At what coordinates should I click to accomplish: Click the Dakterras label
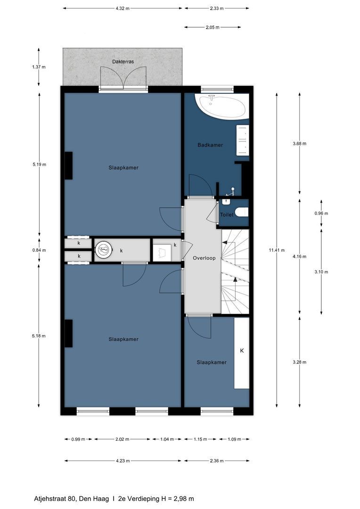(x=123, y=62)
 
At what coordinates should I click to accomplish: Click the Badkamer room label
(x=210, y=145)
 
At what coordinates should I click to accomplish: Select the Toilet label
(x=227, y=214)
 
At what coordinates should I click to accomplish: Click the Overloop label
(x=204, y=258)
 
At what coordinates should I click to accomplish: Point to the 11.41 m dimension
(x=277, y=250)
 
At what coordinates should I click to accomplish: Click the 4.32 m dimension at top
(x=122, y=8)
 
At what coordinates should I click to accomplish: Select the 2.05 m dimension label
(x=213, y=27)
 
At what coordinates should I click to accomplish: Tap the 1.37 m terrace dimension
(x=39, y=67)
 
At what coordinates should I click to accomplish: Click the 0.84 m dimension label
(x=39, y=250)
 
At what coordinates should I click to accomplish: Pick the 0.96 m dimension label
(x=321, y=213)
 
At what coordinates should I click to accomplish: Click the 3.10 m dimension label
(x=321, y=272)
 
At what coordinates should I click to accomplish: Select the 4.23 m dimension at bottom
(x=122, y=461)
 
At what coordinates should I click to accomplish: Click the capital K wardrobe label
(x=242, y=351)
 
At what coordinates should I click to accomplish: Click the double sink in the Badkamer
(x=242, y=140)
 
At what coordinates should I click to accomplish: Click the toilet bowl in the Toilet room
(x=241, y=213)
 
